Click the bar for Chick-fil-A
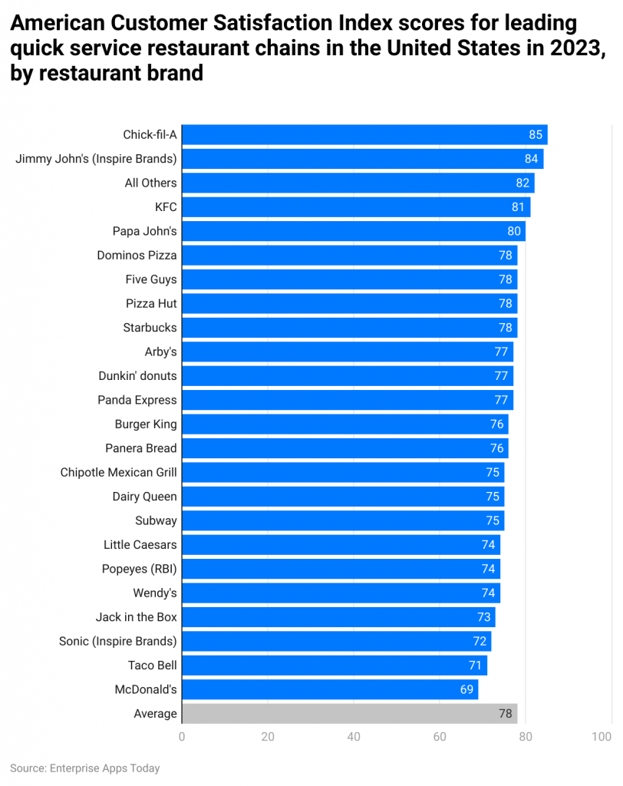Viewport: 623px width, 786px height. click(x=364, y=134)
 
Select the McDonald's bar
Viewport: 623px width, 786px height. click(x=329, y=689)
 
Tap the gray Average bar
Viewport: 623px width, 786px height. click(x=349, y=713)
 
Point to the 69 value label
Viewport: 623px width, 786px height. click(x=466, y=689)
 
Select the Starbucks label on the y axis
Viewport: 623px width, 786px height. click(x=150, y=328)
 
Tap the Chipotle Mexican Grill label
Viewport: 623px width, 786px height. click(x=118, y=472)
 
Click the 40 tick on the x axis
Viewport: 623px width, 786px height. click(x=354, y=737)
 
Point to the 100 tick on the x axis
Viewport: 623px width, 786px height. click(x=602, y=737)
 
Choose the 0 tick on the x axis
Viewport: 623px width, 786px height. click(x=182, y=737)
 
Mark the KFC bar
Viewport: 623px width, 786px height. click(x=355, y=207)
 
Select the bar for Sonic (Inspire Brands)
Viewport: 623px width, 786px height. click(x=336, y=641)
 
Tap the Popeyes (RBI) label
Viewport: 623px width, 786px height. click(x=139, y=569)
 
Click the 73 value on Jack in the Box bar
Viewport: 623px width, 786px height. click(x=483, y=617)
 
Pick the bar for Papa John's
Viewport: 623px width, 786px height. click(x=353, y=231)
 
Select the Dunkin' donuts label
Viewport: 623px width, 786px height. click(x=137, y=376)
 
